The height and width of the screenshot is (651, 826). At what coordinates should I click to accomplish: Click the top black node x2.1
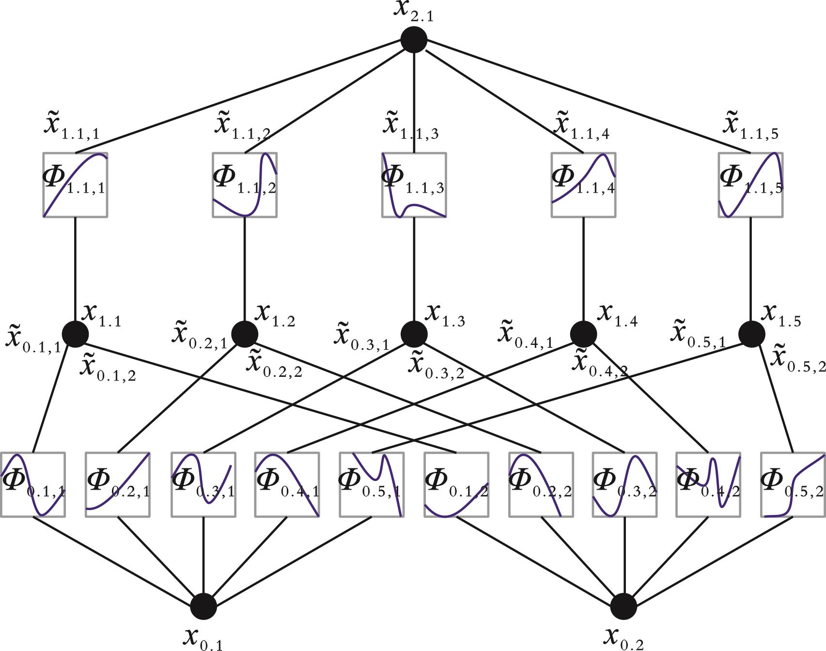414,40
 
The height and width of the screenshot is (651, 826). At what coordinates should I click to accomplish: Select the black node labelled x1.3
414,334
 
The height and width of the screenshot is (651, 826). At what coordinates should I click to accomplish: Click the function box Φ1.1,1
75,185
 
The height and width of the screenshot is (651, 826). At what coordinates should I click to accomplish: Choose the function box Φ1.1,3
414,185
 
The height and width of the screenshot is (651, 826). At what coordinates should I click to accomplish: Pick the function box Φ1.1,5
750,185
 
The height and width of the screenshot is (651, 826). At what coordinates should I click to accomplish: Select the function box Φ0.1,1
33,485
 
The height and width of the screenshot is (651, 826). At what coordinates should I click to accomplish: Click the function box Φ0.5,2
793,485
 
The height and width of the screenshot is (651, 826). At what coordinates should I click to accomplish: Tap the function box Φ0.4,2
708,485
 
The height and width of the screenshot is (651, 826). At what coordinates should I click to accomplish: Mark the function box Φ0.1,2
456,485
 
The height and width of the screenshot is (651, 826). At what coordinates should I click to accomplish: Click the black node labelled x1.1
75,334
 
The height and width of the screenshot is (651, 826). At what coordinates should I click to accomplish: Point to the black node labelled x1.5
751,334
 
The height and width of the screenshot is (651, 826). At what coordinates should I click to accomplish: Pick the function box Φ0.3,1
203,485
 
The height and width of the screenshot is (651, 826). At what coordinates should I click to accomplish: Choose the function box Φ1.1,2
245,185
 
